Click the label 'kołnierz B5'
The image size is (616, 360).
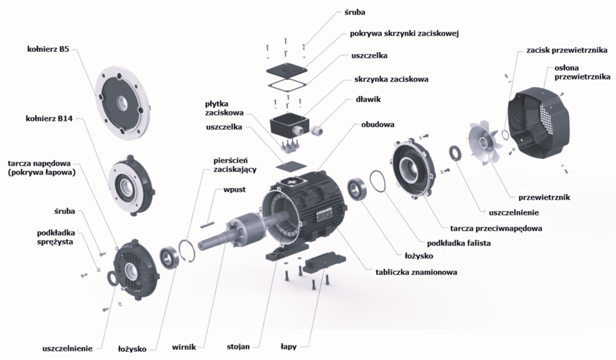[x=48, y=49]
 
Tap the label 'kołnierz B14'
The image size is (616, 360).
[x=49, y=119]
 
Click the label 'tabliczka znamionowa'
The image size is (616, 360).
[x=416, y=272]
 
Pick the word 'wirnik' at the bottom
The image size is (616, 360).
[x=184, y=347]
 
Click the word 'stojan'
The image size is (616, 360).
[x=238, y=347]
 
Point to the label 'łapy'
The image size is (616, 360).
[x=288, y=347]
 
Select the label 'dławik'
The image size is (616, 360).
[x=368, y=99]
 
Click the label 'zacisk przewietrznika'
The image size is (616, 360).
[x=567, y=51]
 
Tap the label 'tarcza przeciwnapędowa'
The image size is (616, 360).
[x=496, y=228]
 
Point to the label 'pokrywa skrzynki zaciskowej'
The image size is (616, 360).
[x=404, y=33]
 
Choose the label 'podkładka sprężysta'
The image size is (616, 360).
[x=56, y=237]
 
